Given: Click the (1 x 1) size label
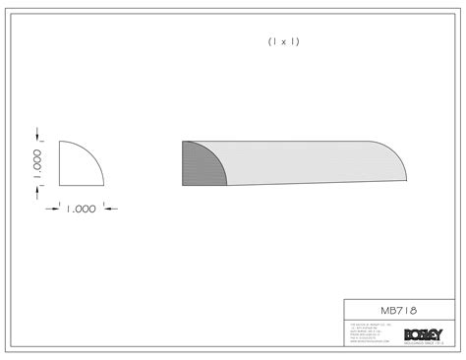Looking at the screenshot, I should (x=283, y=41).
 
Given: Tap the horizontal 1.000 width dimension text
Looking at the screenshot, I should (x=82, y=208).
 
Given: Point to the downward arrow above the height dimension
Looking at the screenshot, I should (x=38, y=134).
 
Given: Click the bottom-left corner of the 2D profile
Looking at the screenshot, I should (x=60, y=186).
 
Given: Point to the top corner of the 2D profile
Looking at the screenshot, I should (x=60, y=141).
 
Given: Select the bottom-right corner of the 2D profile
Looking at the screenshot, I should (x=105, y=186).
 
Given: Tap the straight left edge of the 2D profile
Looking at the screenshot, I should (x=60, y=164).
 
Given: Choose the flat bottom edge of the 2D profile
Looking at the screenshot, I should (x=83, y=186).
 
